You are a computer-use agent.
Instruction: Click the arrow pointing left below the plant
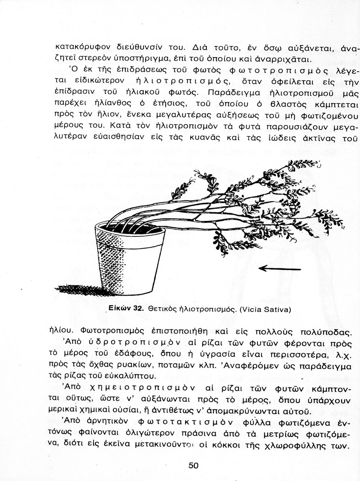(279, 268)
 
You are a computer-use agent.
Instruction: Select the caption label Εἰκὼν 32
(127, 308)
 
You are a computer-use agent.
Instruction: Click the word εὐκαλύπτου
(129, 375)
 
